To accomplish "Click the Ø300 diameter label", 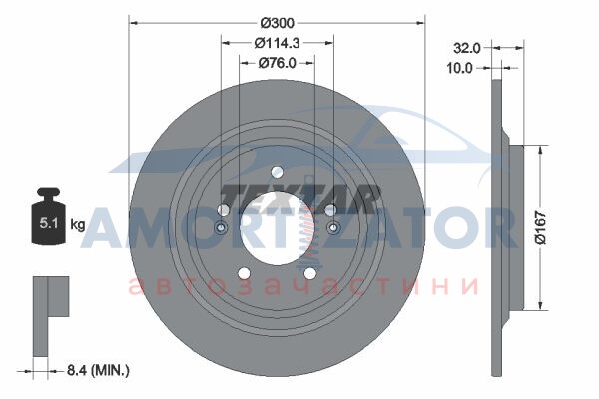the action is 278,23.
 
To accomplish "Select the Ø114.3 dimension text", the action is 277,43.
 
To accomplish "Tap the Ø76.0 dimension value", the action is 277,63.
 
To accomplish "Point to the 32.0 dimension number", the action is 467,48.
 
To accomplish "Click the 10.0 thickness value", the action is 459,68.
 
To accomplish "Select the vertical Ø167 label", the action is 541,228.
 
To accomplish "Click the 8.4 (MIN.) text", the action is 98,370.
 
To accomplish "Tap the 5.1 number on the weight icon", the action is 49,223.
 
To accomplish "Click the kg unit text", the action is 78,225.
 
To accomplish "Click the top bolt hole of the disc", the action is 277,172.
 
